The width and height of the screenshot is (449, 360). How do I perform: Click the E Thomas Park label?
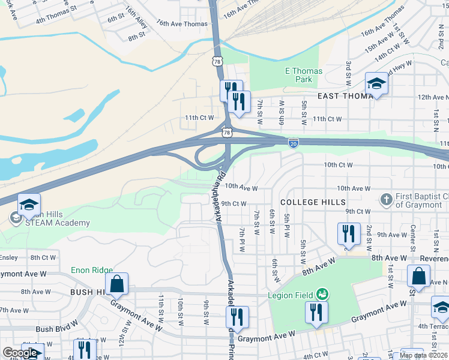click(x=303, y=75)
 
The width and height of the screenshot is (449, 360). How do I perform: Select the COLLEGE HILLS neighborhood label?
click(x=313, y=202)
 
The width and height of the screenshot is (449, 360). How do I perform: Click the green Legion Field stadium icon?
click(x=323, y=294)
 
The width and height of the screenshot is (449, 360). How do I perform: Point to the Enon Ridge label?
click(x=92, y=270)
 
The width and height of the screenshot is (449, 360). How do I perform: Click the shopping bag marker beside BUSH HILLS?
click(x=117, y=284)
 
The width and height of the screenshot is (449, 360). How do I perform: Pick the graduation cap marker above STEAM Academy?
click(x=28, y=205)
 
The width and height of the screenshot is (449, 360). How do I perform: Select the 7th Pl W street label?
click(x=243, y=239)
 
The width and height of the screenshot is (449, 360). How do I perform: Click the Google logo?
click(x=20, y=353)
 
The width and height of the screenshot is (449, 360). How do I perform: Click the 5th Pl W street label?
click(x=288, y=225)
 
